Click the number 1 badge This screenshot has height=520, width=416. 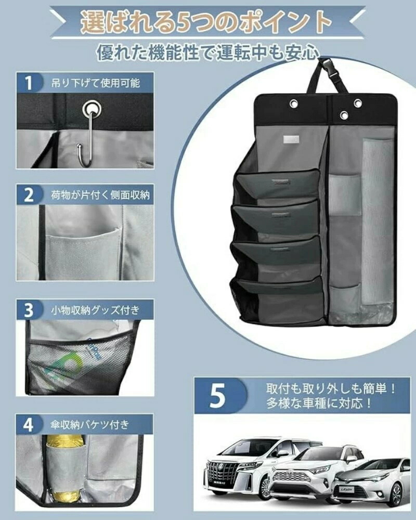point(29,83)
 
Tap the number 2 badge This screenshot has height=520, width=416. point(29,194)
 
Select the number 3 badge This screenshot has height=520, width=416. point(29,310)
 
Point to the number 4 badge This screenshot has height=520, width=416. point(29,425)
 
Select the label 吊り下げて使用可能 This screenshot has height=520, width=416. point(96,83)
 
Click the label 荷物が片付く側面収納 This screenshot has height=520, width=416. point(100,194)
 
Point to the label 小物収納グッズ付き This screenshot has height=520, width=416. point(95,310)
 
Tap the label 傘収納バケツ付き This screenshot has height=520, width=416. point(89,425)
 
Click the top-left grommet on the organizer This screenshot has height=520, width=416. point(294,103)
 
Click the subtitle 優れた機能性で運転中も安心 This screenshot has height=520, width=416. point(208,53)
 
